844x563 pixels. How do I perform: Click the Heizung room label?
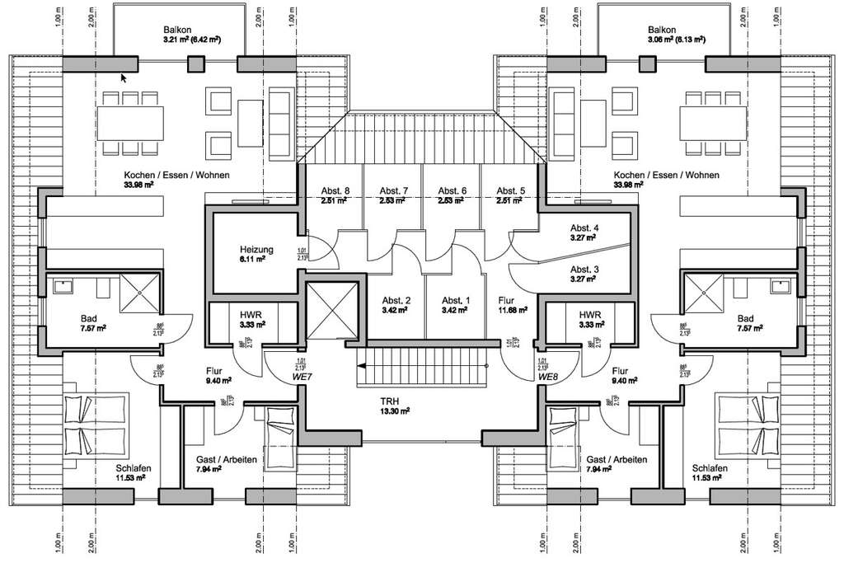(x=256, y=248)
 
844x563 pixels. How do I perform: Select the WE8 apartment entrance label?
(x=548, y=377)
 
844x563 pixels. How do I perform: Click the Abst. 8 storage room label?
(x=335, y=191)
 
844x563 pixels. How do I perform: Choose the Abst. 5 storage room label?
(x=509, y=191)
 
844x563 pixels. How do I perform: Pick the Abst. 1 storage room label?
(x=454, y=300)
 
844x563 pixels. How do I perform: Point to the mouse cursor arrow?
(x=124, y=78)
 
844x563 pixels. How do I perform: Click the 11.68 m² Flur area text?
(x=513, y=312)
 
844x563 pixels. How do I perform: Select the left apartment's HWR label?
(x=251, y=315)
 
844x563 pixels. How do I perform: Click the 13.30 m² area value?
(x=395, y=410)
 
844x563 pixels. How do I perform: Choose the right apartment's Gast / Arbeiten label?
(x=616, y=459)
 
